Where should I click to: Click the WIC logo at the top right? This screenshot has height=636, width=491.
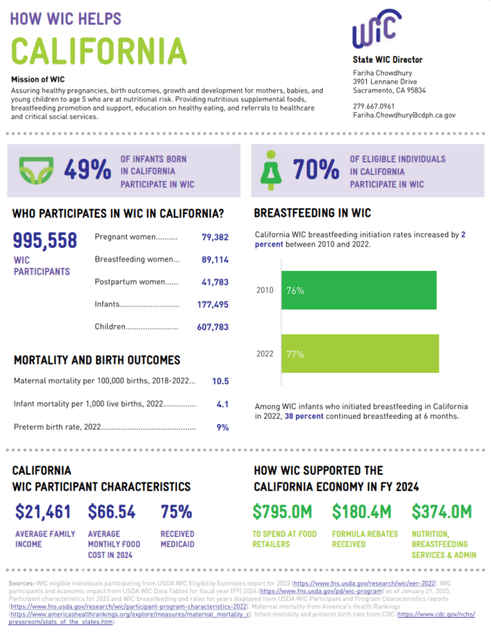pos(377,29)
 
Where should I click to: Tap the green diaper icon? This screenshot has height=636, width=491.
pos(36,170)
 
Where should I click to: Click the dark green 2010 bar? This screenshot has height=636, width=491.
pos(359,290)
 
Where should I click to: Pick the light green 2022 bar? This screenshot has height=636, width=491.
pos(360,353)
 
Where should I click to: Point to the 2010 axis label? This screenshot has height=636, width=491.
pos(265,290)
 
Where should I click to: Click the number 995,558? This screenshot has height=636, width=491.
pos(45,240)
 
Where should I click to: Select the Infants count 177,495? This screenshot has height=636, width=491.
pos(213,305)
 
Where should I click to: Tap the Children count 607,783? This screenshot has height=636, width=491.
pos(213,327)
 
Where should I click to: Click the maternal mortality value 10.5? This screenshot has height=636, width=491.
pos(220,381)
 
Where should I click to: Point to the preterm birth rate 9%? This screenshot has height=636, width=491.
pos(222,427)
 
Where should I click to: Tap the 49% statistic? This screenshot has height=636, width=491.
pos(87,169)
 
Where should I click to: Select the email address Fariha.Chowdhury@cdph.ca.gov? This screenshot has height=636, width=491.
pos(404,115)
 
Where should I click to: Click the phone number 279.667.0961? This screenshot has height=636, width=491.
pos(373,106)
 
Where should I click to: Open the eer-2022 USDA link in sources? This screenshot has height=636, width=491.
pos(364,583)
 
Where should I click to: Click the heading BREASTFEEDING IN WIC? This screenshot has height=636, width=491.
pos(312,213)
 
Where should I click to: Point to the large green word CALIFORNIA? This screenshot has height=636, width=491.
pos(99,51)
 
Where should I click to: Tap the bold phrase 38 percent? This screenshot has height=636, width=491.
pos(304,416)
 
